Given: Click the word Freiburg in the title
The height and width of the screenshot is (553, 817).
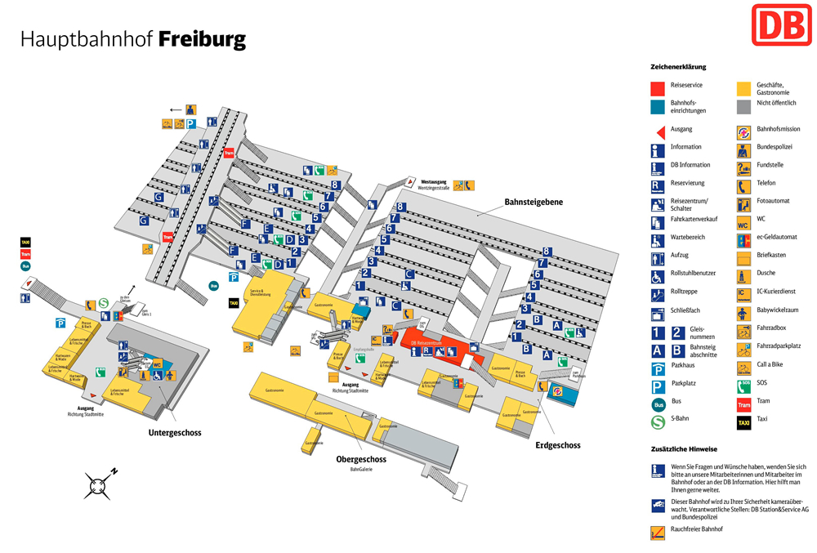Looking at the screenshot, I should tap(202, 38).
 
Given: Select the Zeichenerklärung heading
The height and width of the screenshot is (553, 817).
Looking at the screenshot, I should tap(678, 67).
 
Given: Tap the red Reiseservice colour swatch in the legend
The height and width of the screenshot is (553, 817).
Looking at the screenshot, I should tap(657, 88).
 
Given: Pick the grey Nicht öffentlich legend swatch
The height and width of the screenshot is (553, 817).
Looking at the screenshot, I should tap(743, 106).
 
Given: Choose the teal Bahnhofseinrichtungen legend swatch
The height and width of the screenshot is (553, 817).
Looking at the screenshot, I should tap(657, 106).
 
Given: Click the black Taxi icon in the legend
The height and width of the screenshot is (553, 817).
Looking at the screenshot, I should tap(743, 424).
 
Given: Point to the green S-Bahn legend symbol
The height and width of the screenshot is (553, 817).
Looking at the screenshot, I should tap(657, 423).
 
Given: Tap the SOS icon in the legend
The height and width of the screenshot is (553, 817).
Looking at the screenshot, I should tap(743, 387).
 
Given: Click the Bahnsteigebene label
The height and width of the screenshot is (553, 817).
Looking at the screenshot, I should tap(533, 202).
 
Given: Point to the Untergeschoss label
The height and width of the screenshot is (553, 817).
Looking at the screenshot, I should tap(175, 432).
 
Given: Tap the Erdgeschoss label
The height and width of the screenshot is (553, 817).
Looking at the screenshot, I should tap(558, 445).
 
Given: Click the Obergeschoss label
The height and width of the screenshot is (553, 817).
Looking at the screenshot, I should tap(361, 459).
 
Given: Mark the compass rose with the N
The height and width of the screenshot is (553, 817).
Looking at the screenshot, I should tap(99, 484).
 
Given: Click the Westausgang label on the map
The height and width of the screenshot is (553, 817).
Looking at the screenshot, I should tap(435, 181).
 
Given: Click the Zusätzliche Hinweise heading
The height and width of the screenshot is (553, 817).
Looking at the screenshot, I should tap(684, 449).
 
